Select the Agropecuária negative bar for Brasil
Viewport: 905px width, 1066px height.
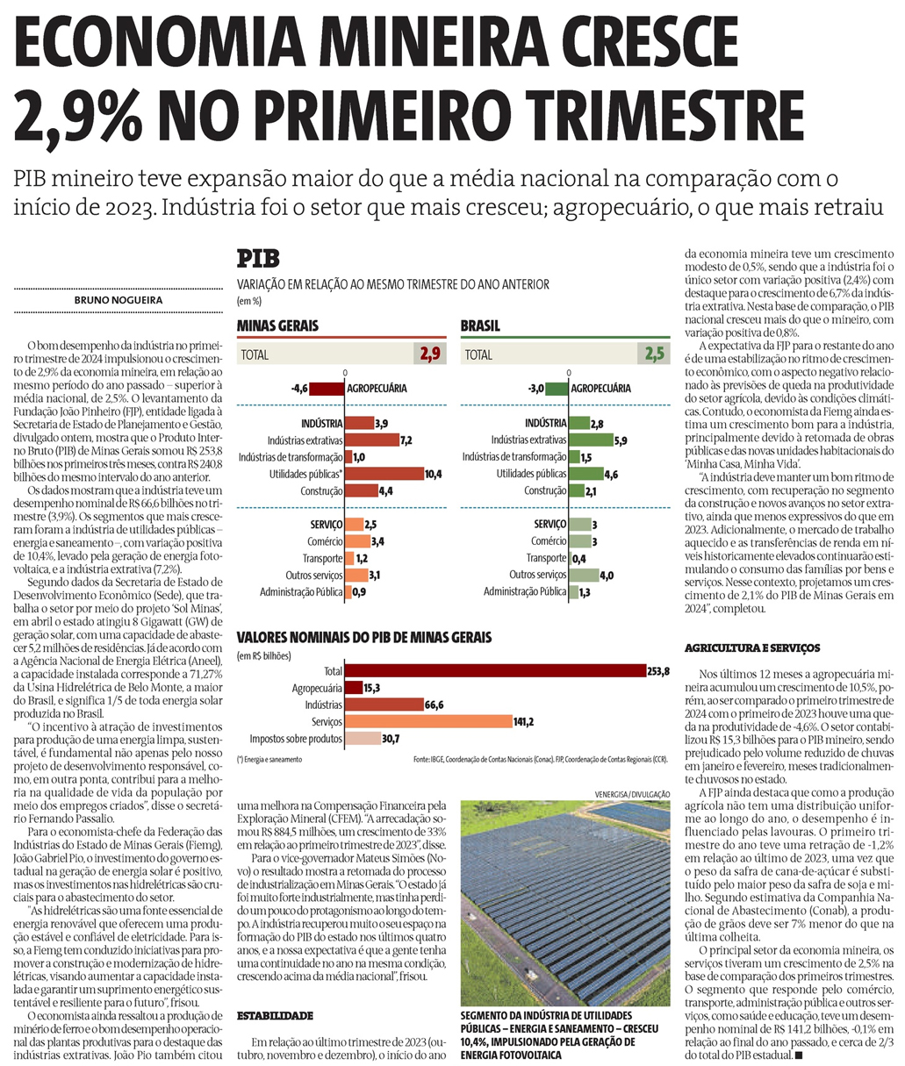(x=557, y=389)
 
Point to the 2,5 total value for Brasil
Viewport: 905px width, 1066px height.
(x=653, y=355)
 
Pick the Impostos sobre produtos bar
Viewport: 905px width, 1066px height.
(x=362, y=738)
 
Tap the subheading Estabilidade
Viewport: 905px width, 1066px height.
(x=275, y=1016)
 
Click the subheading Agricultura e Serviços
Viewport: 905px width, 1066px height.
(x=752, y=648)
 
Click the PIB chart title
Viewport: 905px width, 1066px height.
(x=258, y=260)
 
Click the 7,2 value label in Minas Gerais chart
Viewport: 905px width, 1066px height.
(x=406, y=440)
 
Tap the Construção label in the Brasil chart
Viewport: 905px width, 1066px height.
(x=545, y=490)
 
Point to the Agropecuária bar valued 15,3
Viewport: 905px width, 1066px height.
(x=354, y=688)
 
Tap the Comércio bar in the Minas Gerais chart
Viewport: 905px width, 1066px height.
(x=358, y=541)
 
